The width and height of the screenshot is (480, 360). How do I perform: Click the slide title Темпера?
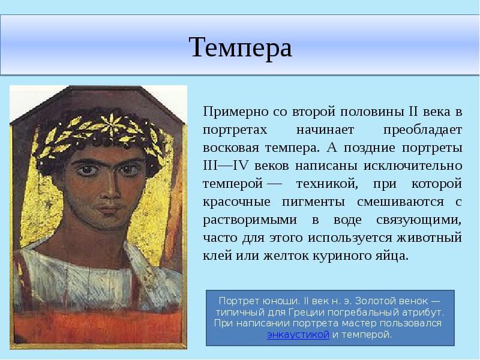click(x=240, y=47)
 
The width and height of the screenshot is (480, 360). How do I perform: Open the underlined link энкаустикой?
click(x=298, y=335)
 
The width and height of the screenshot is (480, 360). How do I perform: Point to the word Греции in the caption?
click(x=325, y=313)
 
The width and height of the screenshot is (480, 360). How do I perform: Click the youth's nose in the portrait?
click(x=107, y=190)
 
